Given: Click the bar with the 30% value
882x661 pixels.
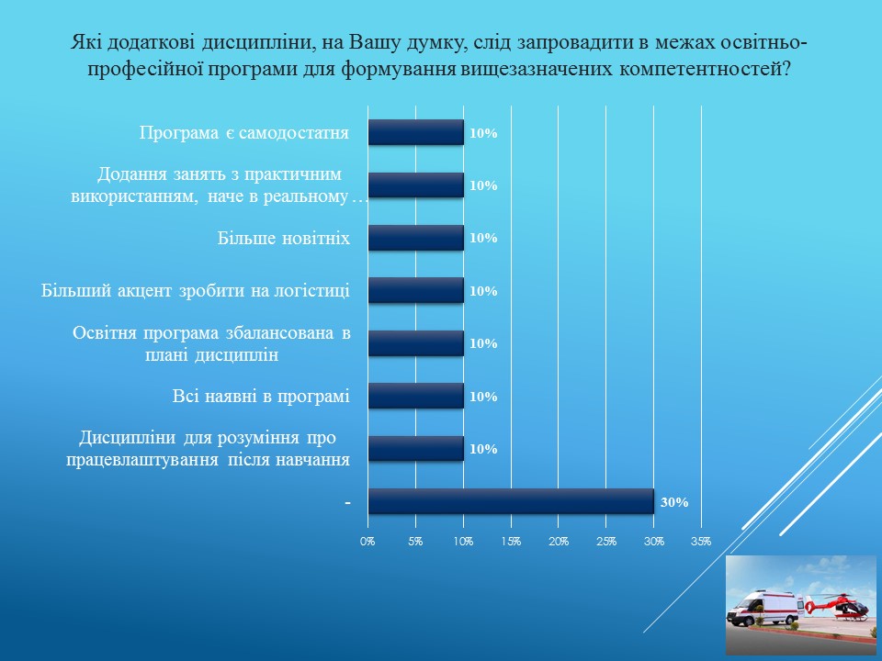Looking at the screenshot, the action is (x=511, y=501).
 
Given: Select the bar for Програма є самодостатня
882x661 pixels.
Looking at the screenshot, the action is (x=416, y=132).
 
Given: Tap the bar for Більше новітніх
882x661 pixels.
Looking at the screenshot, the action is (x=416, y=238).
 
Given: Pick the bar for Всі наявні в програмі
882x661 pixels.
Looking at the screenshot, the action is (x=416, y=396).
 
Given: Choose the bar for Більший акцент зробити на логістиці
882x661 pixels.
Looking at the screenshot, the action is (x=416, y=291).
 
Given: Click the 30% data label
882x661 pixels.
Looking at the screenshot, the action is (x=674, y=502).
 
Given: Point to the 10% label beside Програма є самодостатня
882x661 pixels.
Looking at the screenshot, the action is (x=484, y=133).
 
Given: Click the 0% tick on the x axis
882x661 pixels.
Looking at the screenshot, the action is (x=367, y=542).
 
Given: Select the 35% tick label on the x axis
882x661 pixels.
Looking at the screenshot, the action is (x=701, y=542).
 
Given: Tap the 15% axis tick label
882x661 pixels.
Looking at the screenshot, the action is (x=511, y=542).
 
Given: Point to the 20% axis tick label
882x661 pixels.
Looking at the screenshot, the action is (x=558, y=542).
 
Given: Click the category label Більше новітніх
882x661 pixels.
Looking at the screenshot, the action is (x=284, y=239).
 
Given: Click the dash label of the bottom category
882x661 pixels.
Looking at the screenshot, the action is (x=347, y=502).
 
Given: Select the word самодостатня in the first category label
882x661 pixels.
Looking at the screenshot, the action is (x=294, y=133).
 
